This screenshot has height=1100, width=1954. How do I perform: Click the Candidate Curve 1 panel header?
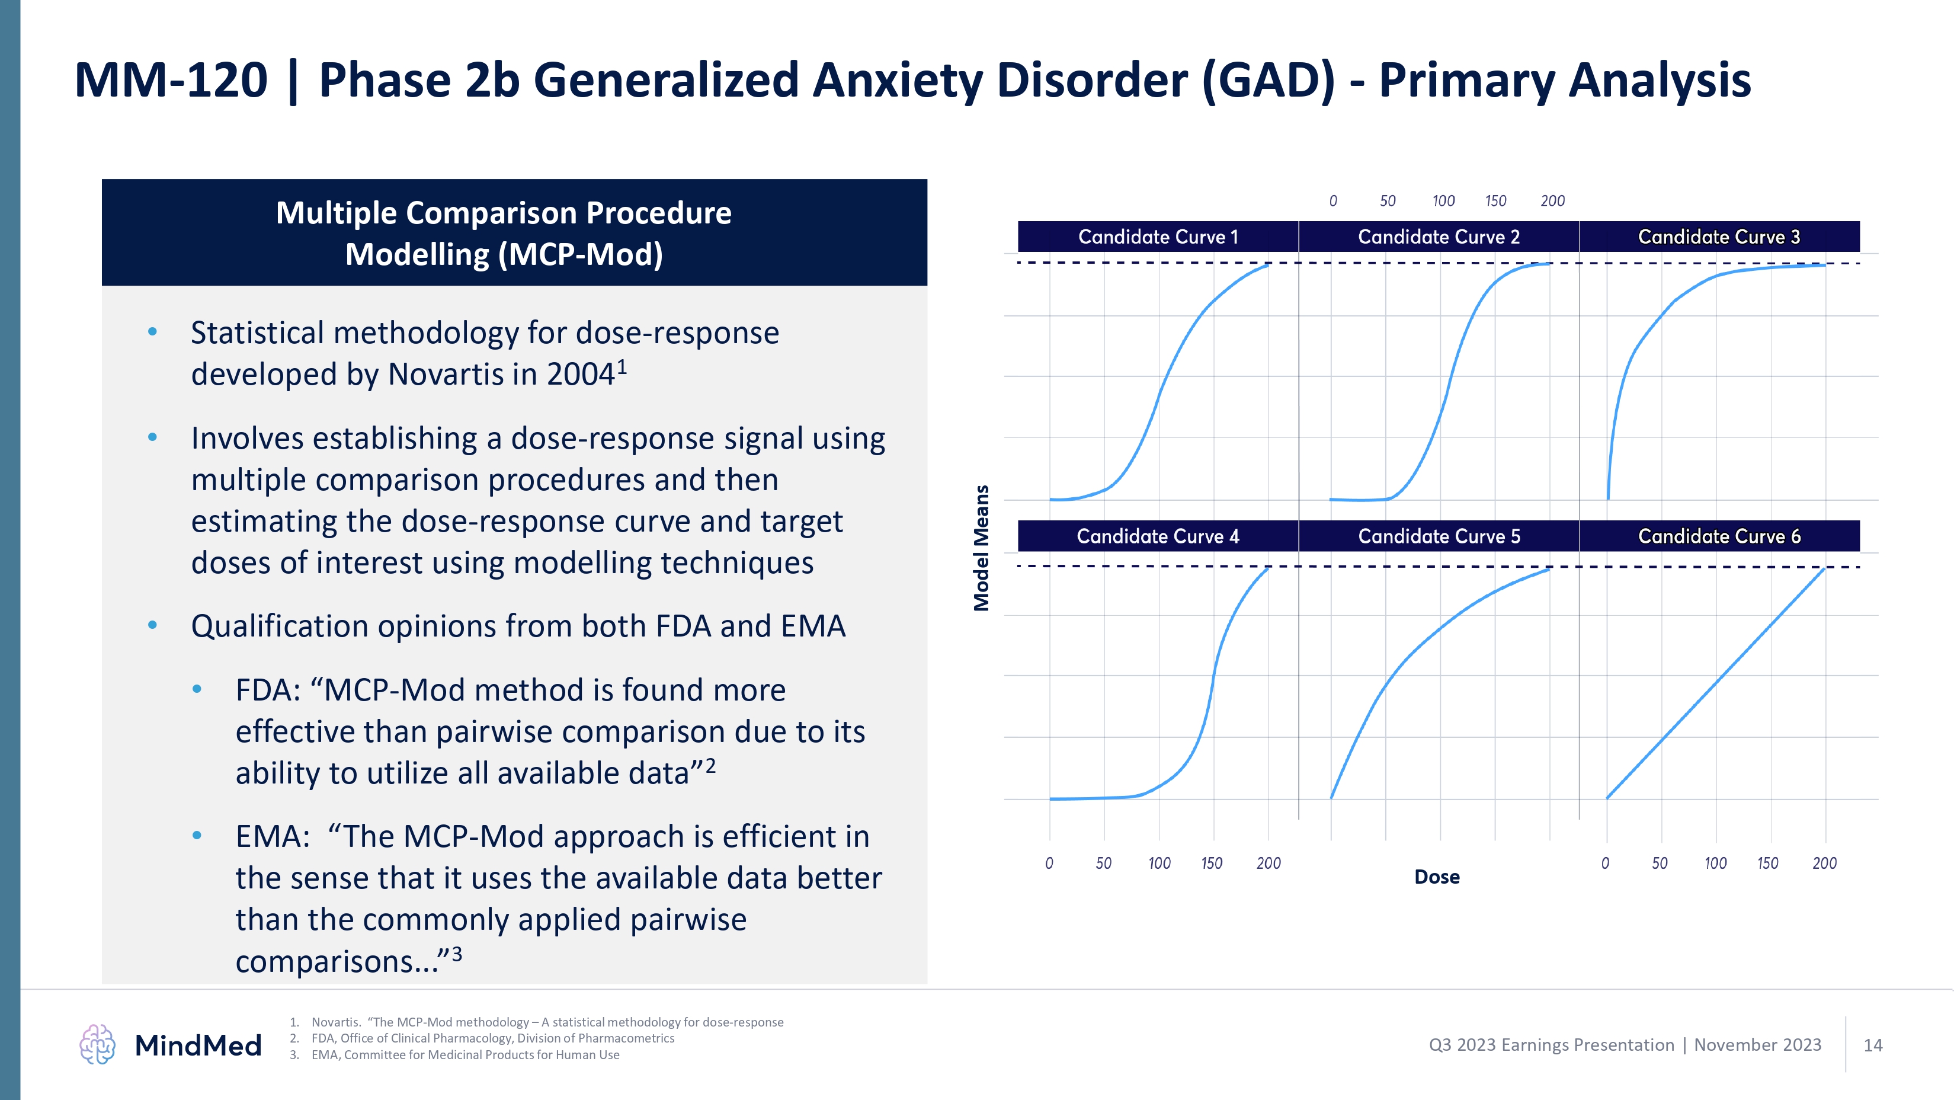click(1158, 236)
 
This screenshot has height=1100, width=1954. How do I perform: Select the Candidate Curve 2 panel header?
click(1438, 236)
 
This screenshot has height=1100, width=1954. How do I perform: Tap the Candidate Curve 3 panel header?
click(1719, 236)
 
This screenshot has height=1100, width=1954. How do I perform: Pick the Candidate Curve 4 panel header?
click(1158, 536)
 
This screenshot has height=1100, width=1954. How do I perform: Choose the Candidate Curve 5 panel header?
click(1438, 536)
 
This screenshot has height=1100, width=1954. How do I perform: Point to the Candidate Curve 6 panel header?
click(1719, 536)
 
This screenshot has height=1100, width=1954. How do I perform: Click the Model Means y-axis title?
click(982, 548)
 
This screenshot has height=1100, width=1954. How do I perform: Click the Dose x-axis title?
click(1437, 877)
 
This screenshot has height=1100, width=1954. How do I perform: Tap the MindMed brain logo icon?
click(97, 1045)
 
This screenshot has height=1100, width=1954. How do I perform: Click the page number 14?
click(1873, 1045)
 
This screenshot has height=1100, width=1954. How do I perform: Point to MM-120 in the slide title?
click(171, 81)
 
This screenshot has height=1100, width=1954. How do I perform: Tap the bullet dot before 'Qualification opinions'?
click(152, 625)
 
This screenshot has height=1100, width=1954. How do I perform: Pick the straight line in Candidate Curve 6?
click(1716, 683)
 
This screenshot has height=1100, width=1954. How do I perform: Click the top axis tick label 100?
click(1443, 201)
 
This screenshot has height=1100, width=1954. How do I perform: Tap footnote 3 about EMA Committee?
click(465, 1054)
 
